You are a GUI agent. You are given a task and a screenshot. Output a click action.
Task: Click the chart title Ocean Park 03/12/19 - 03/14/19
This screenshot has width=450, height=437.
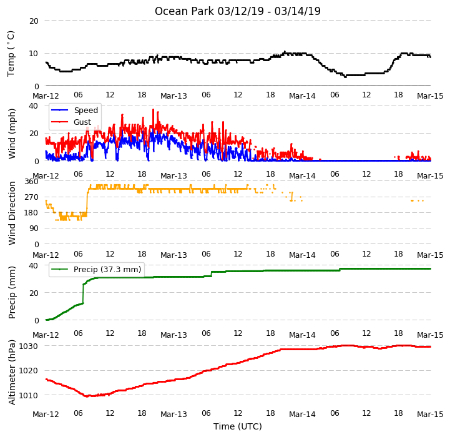[x=238, y=11]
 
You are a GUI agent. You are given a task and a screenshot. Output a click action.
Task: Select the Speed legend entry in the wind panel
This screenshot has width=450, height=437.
[x=75, y=110]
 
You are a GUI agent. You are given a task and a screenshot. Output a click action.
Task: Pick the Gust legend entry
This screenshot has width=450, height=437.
[x=71, y=122]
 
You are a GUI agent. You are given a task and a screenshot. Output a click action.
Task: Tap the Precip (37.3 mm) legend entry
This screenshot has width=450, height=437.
[x=96, y=269]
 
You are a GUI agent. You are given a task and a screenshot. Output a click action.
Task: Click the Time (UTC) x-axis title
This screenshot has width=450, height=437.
[x=238, y=426]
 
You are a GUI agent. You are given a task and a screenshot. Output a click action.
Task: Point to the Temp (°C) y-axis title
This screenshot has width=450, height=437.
[x=11, y=54]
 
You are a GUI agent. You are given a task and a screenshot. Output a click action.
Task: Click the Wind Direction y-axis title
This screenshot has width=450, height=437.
[x=12, y=213]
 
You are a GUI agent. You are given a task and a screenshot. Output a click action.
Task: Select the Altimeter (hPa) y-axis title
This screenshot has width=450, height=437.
[x=12, y=372]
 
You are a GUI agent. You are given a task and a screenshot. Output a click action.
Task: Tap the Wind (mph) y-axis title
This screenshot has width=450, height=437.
[x=12, y=134]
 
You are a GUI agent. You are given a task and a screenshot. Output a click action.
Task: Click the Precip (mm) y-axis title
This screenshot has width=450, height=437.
[x=12, y=293]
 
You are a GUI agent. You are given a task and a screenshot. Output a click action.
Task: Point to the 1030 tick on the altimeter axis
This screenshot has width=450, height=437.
[x=29, y=346]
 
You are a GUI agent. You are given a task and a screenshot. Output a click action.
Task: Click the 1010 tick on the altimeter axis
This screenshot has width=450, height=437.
[x=29, y=395]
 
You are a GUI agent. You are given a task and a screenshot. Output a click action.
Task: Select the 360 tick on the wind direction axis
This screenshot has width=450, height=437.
[x=32, y=182]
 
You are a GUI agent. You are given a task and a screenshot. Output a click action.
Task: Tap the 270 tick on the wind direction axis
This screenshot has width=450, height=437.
[x=32, y=197]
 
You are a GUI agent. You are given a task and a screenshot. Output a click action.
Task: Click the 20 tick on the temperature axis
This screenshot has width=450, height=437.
[x=34, y=21]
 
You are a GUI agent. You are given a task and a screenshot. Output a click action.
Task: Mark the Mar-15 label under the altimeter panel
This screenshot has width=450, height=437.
[x=430, y=414]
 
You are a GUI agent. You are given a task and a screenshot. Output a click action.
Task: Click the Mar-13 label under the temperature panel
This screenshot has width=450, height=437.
[x=174, y=96]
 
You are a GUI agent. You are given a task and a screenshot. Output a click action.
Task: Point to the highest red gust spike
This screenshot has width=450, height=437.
[x=153, y=110]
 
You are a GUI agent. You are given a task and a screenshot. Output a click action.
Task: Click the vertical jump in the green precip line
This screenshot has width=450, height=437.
[x=83, y=293]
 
